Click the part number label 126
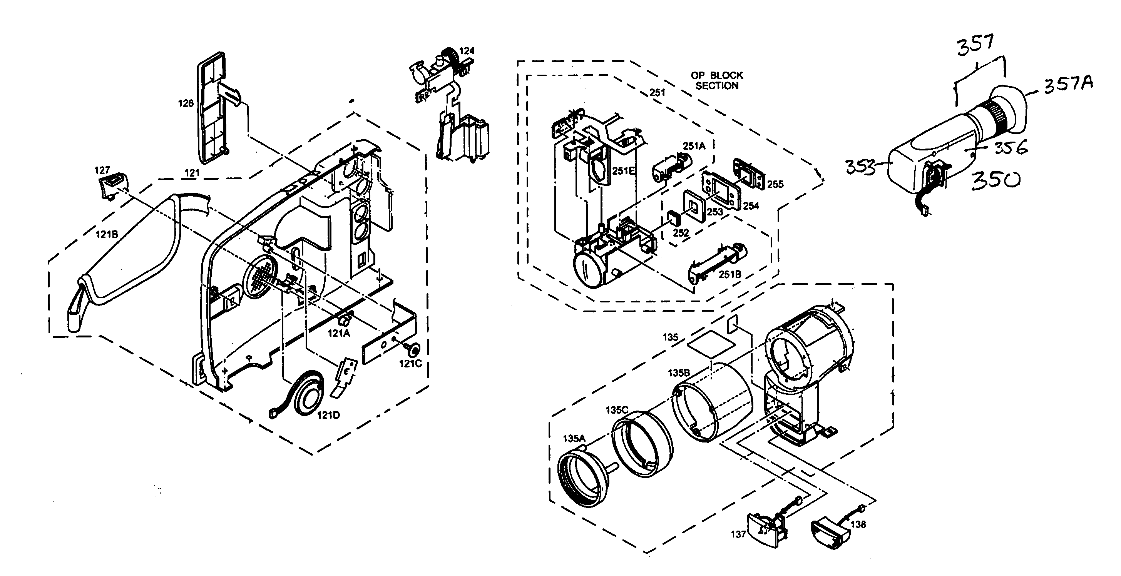pos(186,104)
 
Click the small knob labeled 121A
pos(344,321)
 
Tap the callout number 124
pos(467,51)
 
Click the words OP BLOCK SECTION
pos(717,80)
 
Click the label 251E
pos(623,171)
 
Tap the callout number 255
pos(775,184)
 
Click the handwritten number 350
pos(995,180)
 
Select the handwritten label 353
pos(860,167)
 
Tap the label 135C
pos(617,410)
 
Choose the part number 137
pos(738,534)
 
